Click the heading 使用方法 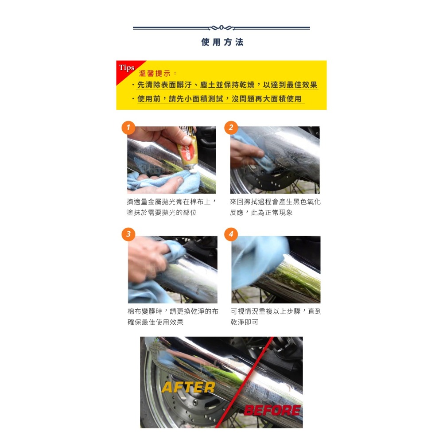[222, 42]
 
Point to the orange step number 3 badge [128, 235]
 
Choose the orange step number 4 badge [231, 235]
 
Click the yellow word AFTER [188, 387]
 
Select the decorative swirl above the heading [221, 28]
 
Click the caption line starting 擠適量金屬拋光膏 [171, 202]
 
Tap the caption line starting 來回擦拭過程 [275, 202]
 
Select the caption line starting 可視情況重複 [276, 311]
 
